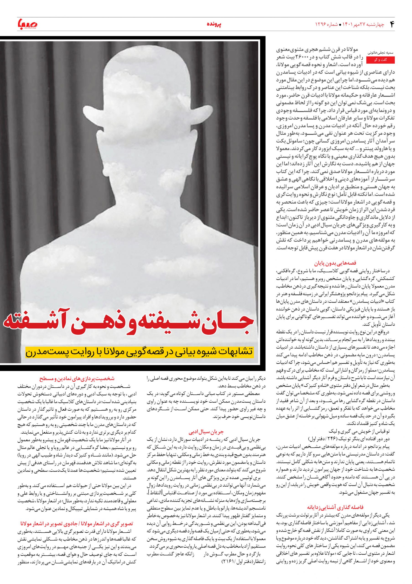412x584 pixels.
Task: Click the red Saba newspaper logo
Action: (27, 24)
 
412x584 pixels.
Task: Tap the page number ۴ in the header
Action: (392, 24)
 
